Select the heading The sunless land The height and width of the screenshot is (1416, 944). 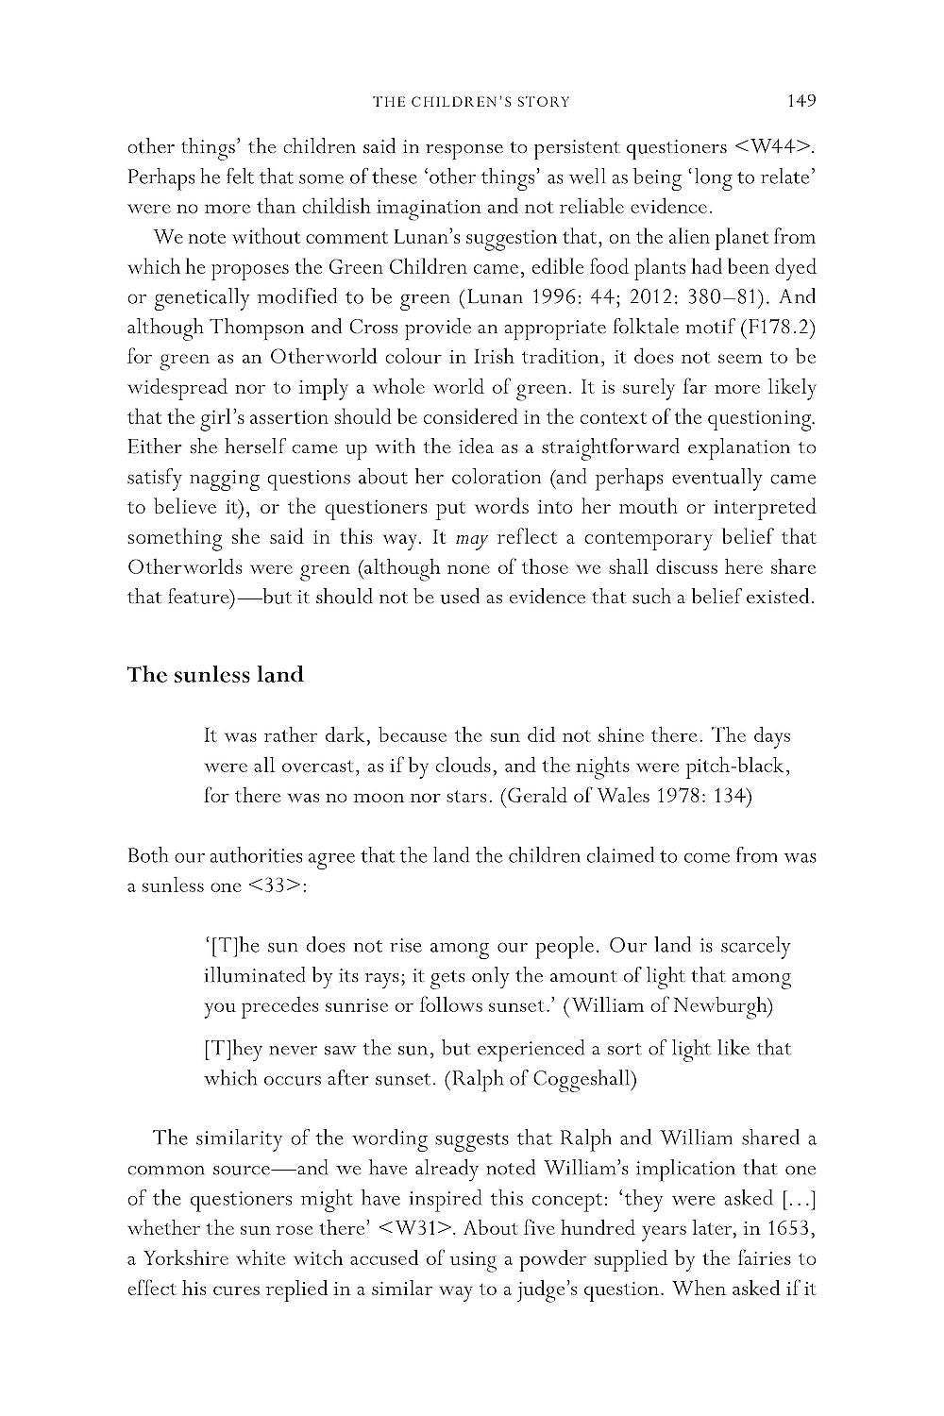(x=215, y=675)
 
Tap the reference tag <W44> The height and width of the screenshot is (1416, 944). (x=772, y=146)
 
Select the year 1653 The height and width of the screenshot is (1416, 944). (x=791, y=1228)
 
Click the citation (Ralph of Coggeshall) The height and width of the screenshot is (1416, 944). (x=540, y=1079)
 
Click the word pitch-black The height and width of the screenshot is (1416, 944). (x=727, y=766)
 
